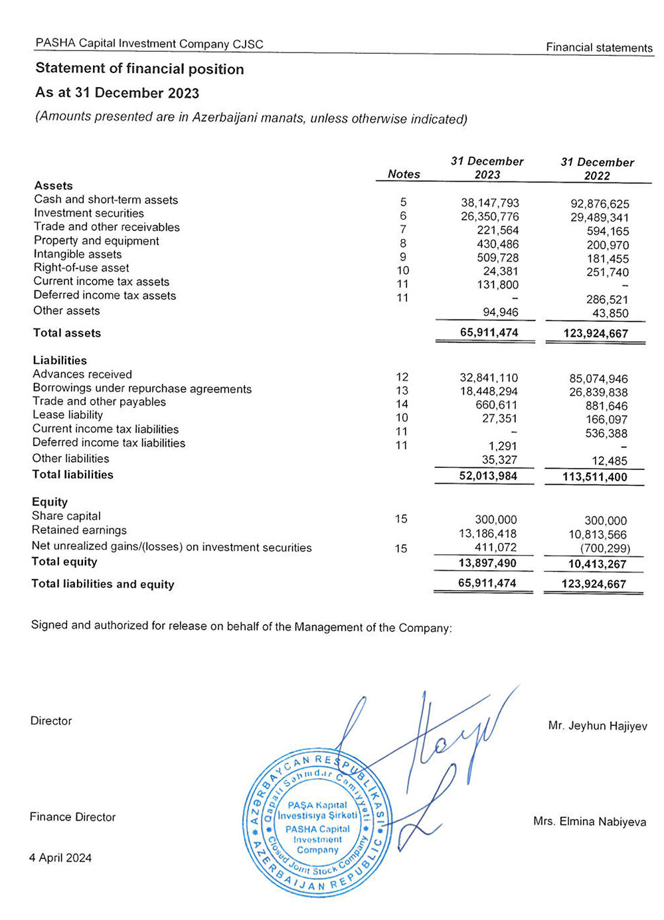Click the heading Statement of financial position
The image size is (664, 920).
(x=139, y=68)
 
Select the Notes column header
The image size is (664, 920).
(x=404, y=174)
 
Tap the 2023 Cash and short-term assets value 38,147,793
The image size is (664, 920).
(x=489, y=203)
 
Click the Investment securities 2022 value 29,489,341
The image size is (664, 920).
(x=599, y=218)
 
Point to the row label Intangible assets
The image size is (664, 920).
(x=78, y=254)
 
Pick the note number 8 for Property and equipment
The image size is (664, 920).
(x=402, y=244)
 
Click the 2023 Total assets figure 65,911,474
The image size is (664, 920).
(x=489, y=333)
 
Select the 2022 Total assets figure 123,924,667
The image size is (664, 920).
(x=595, y=333)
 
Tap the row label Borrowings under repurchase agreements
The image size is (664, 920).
(x=142, y=389)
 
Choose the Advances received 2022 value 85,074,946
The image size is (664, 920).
(x=598, y=379)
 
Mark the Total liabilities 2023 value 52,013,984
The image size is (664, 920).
(x=487, y=476)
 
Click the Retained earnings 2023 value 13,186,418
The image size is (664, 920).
(x=487, y=534)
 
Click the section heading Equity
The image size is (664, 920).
(x=50, y=502)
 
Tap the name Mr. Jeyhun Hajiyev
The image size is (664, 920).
(x=597, y=726)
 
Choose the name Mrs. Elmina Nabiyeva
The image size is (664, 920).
(x=589, y=822)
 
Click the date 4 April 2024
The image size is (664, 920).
(x=60, y=858)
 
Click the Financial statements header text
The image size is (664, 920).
(x=599, y=48)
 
